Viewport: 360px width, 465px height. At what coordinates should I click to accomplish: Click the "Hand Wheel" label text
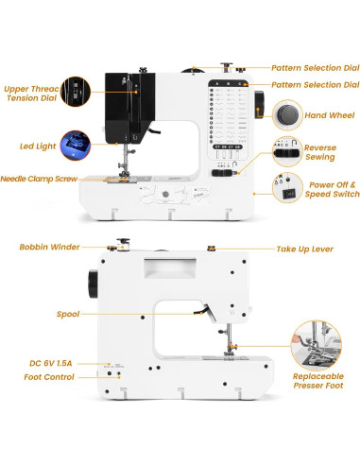click(x=331, y=115)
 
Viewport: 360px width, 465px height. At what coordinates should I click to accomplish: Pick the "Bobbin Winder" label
click(x=49, y=248)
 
